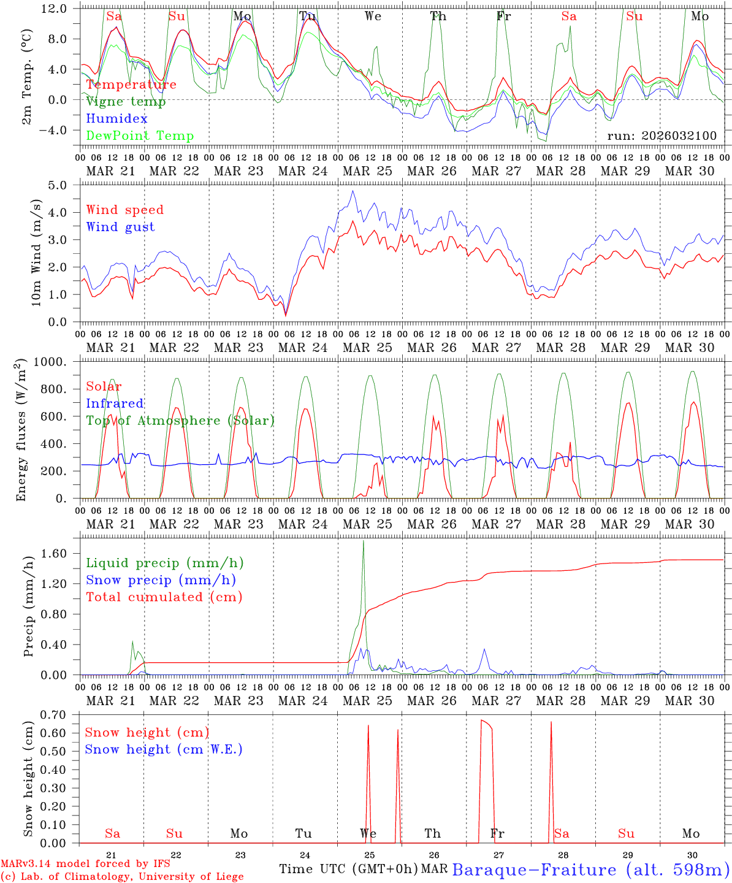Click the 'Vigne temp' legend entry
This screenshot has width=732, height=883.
(126, 102)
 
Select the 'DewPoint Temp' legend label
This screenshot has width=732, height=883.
(140, 136)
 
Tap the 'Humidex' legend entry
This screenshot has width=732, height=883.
(116, 119)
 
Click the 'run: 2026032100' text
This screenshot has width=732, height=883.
(661, 136)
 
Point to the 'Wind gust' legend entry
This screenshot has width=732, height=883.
(120, 227)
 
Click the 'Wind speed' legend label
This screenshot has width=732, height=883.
(125, 210)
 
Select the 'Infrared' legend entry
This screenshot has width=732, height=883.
(115, 403)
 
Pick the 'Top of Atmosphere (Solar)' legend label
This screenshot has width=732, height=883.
(180, 421)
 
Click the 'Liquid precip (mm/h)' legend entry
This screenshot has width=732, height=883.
(164, 563)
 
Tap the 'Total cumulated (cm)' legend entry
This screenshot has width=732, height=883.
(164, 597)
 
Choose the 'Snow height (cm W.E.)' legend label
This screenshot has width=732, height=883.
(164, 749)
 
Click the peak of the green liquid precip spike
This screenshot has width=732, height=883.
(364, 541)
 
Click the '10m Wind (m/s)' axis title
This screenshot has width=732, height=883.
(36, 253)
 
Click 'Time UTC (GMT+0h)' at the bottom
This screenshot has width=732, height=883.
(348, 869)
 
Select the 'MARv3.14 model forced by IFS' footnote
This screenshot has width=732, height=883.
(85, 864)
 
